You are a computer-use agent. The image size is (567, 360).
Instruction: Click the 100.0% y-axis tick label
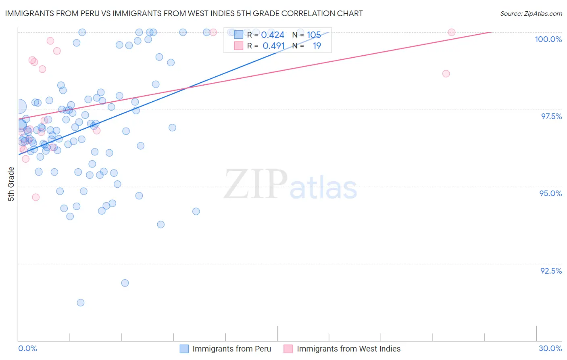[548, 39]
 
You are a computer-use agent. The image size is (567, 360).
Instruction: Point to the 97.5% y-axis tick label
[551, 116]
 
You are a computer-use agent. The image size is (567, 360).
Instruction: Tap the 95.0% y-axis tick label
[550, 193]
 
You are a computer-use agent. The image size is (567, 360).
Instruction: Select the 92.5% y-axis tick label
[551, 271]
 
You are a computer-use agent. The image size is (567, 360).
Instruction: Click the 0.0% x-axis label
[27, 348]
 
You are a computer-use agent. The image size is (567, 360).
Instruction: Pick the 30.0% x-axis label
[550, 348]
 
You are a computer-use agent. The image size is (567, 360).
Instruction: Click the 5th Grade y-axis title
[11, 184]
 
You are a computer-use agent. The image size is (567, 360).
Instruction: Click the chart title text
[184, 13]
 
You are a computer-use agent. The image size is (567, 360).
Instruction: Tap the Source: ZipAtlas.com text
[531, 13]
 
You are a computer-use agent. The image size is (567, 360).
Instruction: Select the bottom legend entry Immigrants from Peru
[231, 349]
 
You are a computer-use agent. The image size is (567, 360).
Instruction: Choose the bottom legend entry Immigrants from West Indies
[348, 349]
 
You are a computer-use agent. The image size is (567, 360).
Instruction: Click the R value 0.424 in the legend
[273, 35]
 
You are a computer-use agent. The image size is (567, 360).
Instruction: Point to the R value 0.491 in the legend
[273, 46]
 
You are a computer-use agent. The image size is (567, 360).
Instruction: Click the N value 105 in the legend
[314, 35]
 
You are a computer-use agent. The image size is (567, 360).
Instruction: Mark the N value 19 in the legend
[317, 46]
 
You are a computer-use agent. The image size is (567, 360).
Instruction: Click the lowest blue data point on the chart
[81, 303]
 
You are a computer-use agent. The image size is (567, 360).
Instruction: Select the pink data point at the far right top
[452, 32]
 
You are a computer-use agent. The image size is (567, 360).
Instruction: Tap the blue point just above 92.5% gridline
[125, 283]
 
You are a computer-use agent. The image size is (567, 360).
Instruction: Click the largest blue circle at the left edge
[19, 107]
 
